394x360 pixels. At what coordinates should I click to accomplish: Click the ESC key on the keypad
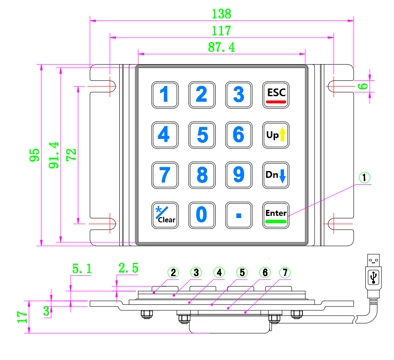[x=276, y=95]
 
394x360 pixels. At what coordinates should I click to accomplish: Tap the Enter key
[x=276, y=215]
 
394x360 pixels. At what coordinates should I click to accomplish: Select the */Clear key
[x=165, y=215]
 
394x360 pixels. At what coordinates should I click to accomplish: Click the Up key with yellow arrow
[x=276, y=135]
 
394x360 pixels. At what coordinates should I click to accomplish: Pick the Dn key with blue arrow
[x=276, y=175]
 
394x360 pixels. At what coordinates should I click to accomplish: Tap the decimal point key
[x=239, y=215]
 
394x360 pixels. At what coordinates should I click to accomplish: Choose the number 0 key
[x=202, y=215]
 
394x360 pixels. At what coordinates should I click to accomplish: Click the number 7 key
[x=165, y=175]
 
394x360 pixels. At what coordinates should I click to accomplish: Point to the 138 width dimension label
[x=221, y=14]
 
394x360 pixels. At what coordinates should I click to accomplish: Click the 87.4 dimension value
[x=221, y=47]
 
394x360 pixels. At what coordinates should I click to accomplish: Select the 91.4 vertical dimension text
[x=54, y=155]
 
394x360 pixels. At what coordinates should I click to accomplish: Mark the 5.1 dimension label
[x=82, y=269]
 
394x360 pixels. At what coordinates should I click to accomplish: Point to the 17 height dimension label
[x=22, y=317]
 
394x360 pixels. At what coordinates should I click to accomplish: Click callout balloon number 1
[x=364, y=177]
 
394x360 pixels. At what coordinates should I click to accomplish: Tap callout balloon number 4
[x=219, y=273]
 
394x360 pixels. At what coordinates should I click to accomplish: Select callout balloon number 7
[x=285, y=273]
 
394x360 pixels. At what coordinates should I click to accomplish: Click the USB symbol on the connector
[x=373, y=277]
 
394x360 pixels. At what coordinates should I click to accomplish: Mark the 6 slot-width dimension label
[x=363, y=86]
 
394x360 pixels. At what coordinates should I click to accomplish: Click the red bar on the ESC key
[x=276, y=102]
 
